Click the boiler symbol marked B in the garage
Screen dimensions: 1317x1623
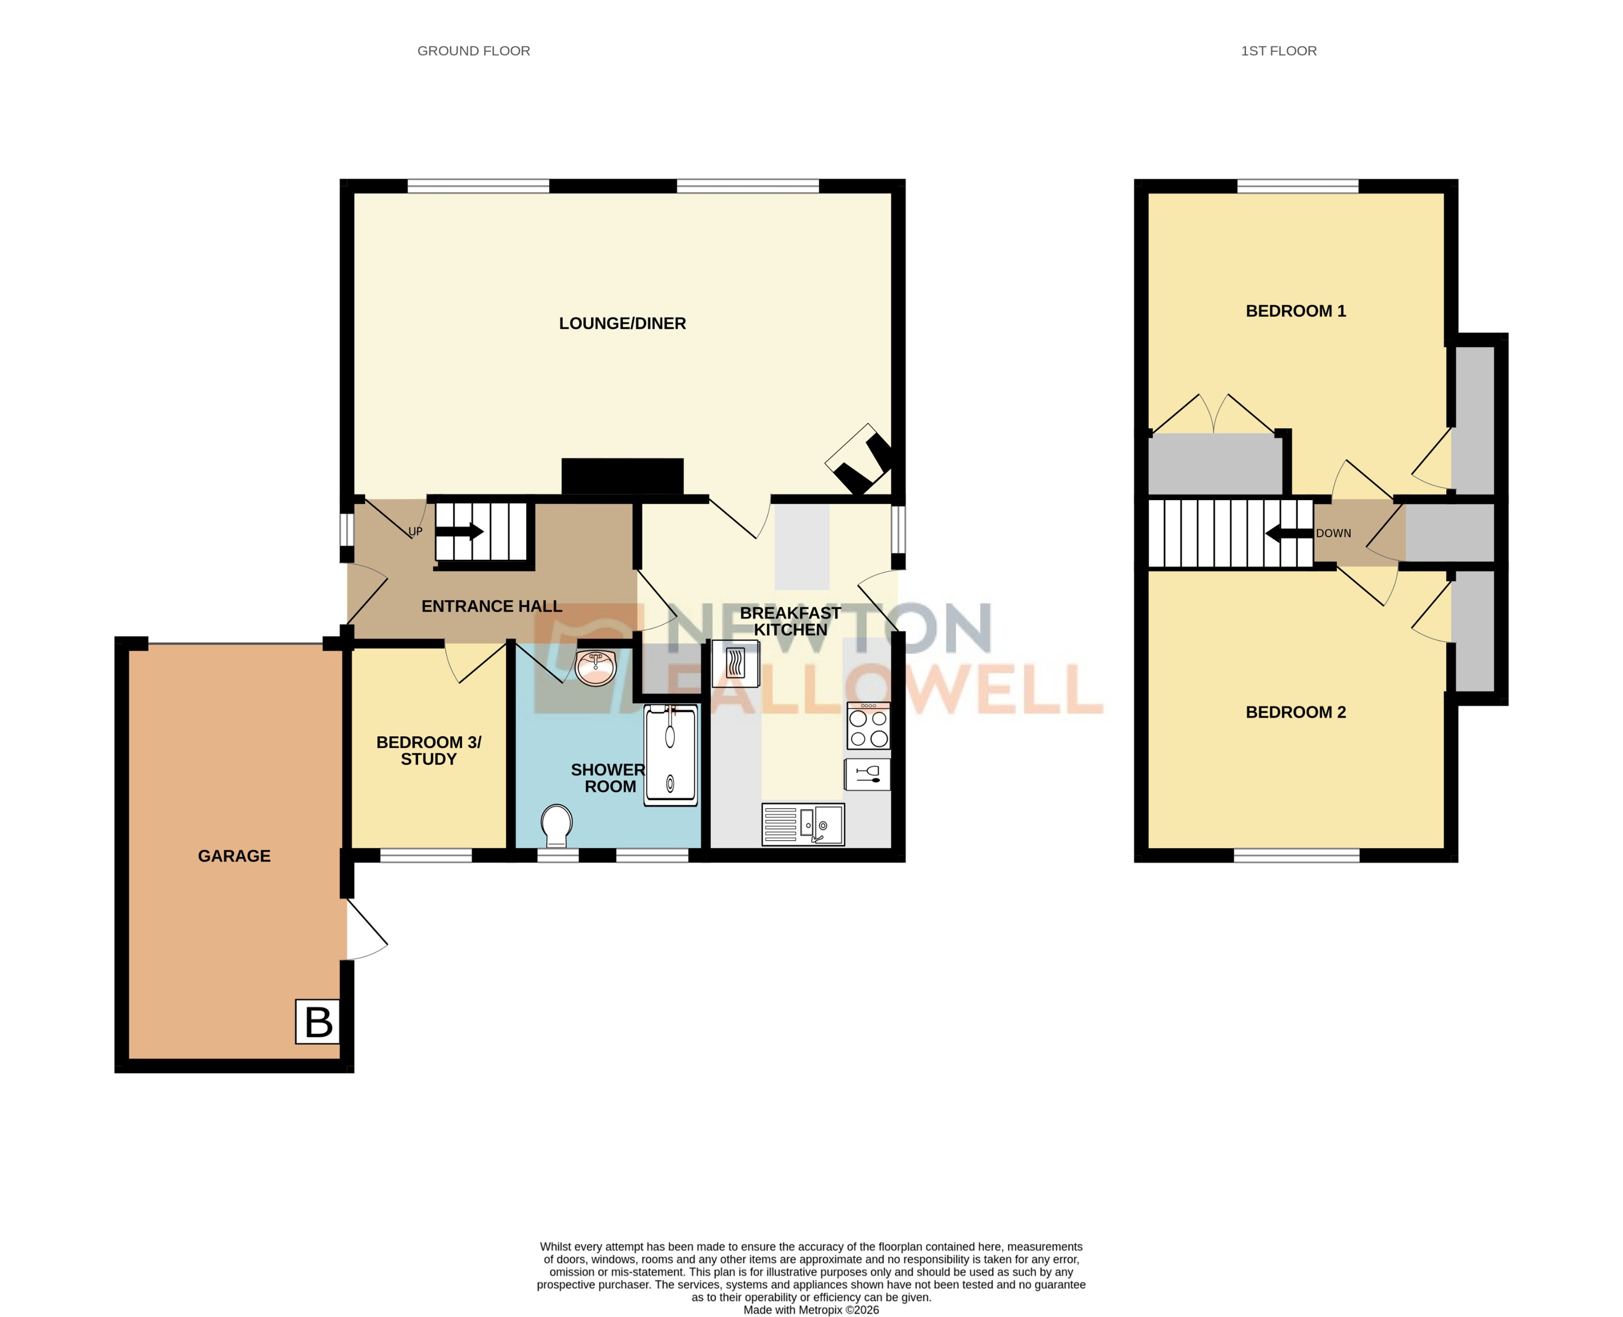pyautogui.click(x=317, y=1021)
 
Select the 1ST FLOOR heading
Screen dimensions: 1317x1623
pyautogui.click(x=1278, y=51)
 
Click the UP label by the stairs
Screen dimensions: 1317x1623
pyautogui.click(x=415, y=531)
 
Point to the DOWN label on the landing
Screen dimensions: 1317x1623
pyautogui.click(x=1333, y=533)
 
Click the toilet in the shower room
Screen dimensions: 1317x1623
pyautogui.click(x=557, y=825)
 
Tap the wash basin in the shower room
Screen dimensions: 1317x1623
pyautogui.click(x=596, y=667)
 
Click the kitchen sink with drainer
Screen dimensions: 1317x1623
pyautogui.click(x=802, y=824)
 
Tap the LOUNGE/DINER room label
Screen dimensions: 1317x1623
pyautogui.click(x=622, y=323)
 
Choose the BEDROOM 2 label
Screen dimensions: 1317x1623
pyautogui.click(x=1295, y=712)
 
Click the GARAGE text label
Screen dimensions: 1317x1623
pyautogui.click(x=234, y=856)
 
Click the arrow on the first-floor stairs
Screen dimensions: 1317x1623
pyautogui.click(x=1288, y=533)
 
